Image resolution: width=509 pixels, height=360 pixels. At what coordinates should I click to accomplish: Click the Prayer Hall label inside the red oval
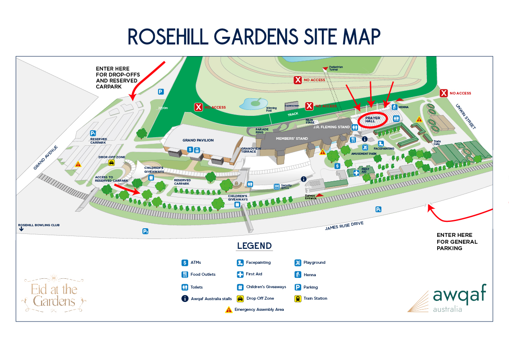coord(373,120)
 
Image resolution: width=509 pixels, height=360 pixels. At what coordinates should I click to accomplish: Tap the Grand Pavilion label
coord(198,140)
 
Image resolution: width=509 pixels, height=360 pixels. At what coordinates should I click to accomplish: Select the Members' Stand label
coord(292,139)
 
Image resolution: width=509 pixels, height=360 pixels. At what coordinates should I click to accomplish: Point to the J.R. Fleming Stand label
coord(332,127)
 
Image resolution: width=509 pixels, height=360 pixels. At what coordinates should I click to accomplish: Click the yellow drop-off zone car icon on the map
coord(112,162)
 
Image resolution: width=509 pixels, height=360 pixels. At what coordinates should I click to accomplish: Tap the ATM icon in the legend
coord(185,263)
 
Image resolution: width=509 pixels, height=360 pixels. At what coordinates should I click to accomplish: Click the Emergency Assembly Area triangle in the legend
coord(229,310)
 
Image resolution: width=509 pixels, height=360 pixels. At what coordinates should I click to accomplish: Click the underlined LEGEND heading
coord(254,246)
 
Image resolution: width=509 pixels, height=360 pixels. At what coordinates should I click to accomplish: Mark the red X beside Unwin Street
coord(444,93)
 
